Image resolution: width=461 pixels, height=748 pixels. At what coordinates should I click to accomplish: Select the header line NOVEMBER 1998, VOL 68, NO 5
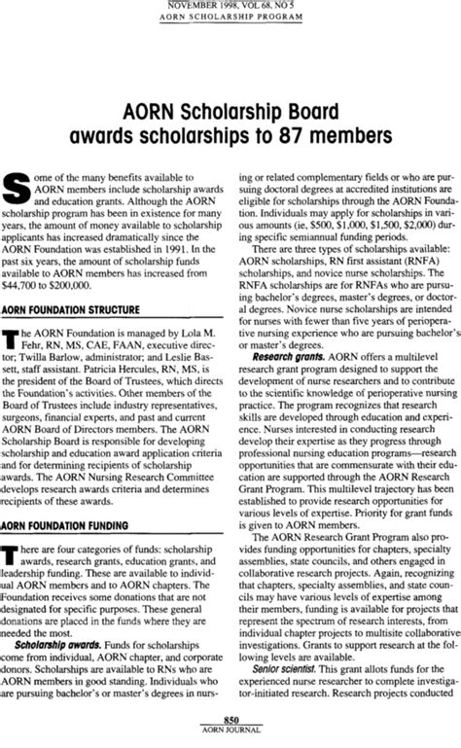tap(231, 6)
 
